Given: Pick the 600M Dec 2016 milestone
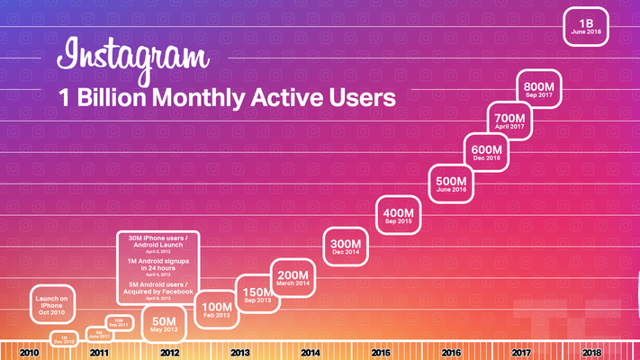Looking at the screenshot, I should coord(486,152).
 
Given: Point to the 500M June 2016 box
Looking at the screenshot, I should coord(451,184).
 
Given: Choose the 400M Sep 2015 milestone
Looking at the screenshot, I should coord(398,217).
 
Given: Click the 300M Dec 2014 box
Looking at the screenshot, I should coord(347,247).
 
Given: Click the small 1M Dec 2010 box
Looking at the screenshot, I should coord(64,338).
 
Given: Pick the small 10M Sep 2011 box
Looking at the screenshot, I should coord(119,322).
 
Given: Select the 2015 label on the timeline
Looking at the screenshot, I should coord(381,354).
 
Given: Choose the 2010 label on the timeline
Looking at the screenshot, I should coord(29,354).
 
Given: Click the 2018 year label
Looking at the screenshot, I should coord(592,354).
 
